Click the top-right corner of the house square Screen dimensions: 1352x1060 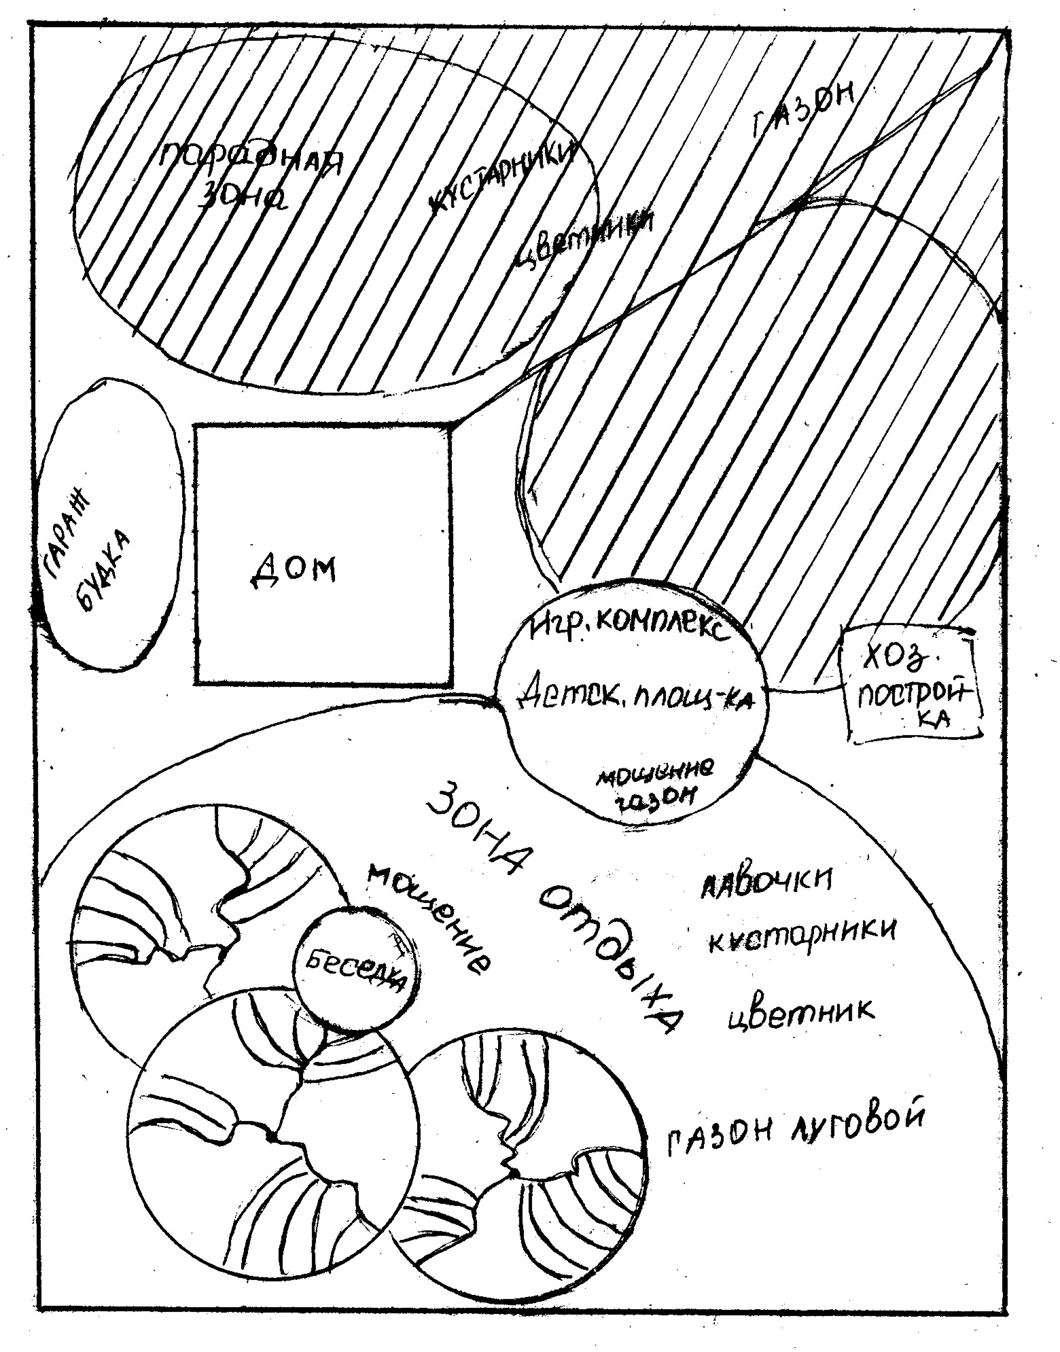(450, 427)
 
